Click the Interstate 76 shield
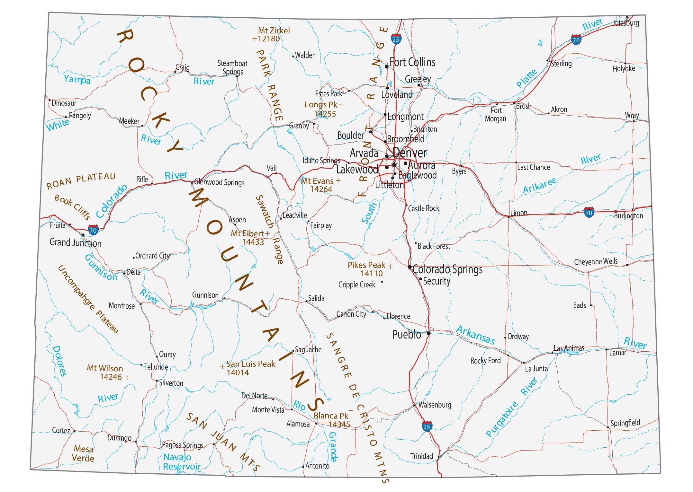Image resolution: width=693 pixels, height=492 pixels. [576, 40]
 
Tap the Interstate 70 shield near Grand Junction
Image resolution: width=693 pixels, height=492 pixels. [93, 230]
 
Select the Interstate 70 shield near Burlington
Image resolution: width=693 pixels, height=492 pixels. [589, 212]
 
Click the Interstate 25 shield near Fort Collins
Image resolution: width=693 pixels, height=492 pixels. [396, 39]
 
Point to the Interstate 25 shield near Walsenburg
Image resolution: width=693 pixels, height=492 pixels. [427, 426]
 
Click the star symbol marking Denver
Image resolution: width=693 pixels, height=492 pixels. [394, 165]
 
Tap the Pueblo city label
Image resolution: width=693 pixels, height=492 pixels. [406, 335]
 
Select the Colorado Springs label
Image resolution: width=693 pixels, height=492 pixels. [447, 269]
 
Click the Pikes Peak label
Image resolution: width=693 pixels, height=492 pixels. [366, 265]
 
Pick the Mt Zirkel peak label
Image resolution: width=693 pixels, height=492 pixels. [274, 31]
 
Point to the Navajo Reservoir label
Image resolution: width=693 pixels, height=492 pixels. [182, 461]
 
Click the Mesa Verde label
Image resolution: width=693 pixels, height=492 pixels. [83, 453]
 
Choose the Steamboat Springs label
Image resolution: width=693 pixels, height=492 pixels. [232, 67]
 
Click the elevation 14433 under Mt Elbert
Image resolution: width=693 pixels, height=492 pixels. [253, 242]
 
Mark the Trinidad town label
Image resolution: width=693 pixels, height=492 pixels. [421, 456]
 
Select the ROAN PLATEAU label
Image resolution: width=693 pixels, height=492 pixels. [81, 181]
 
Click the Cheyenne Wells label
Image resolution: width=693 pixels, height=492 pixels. [596, 261]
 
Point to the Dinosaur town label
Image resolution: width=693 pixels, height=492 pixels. [64, 103]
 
